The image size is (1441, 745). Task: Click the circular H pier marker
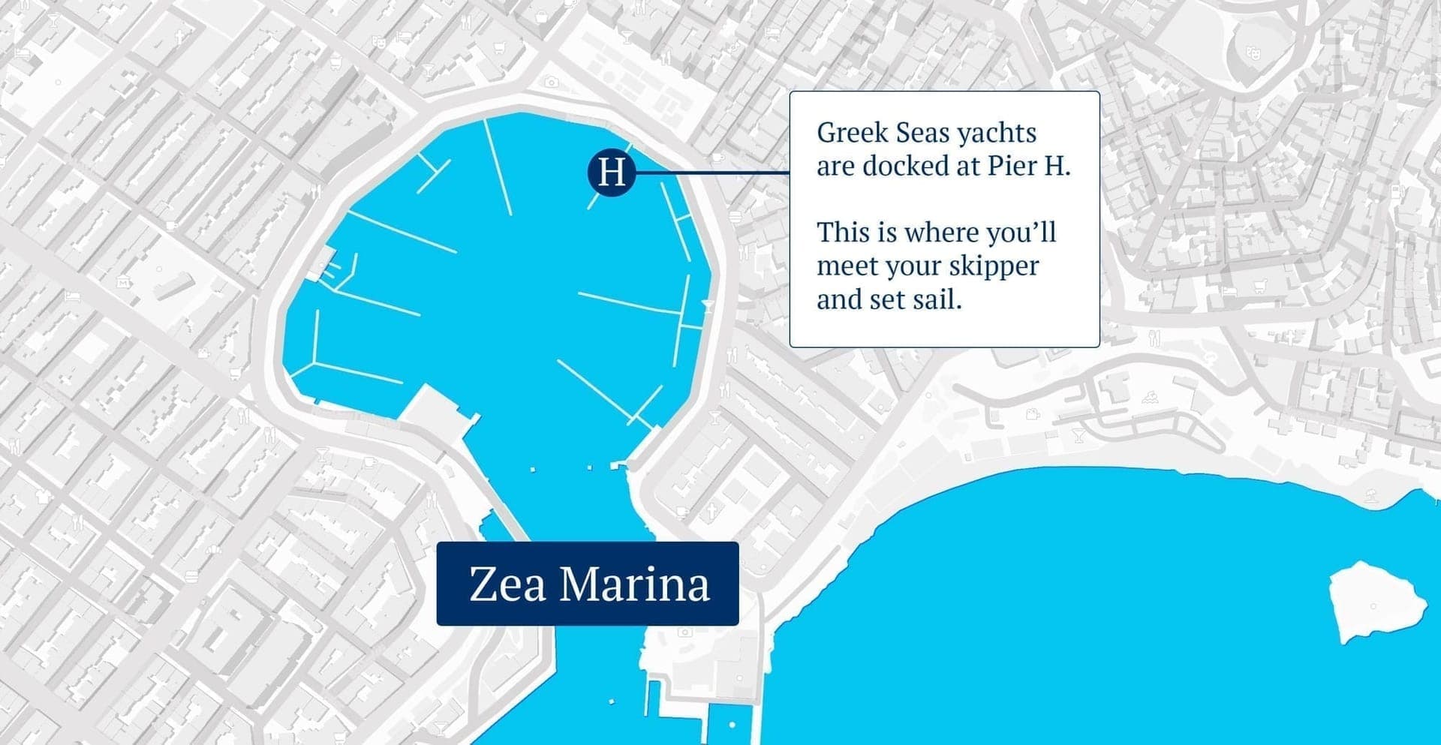click(612, 172)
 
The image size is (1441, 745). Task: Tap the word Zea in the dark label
click(507, 584)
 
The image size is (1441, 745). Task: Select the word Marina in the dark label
click(634, 584)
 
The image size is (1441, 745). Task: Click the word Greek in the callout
click(847, 133)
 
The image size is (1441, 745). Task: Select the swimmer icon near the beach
click(1149, 397)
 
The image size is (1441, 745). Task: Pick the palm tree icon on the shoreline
click(1372, 494)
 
